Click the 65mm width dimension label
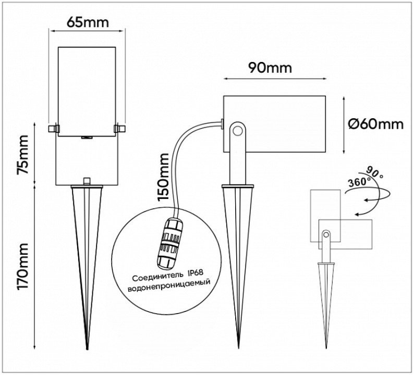click(x=88, y=22)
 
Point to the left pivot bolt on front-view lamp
click(x=53, y=127)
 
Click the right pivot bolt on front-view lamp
click(x=119, y=127)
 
